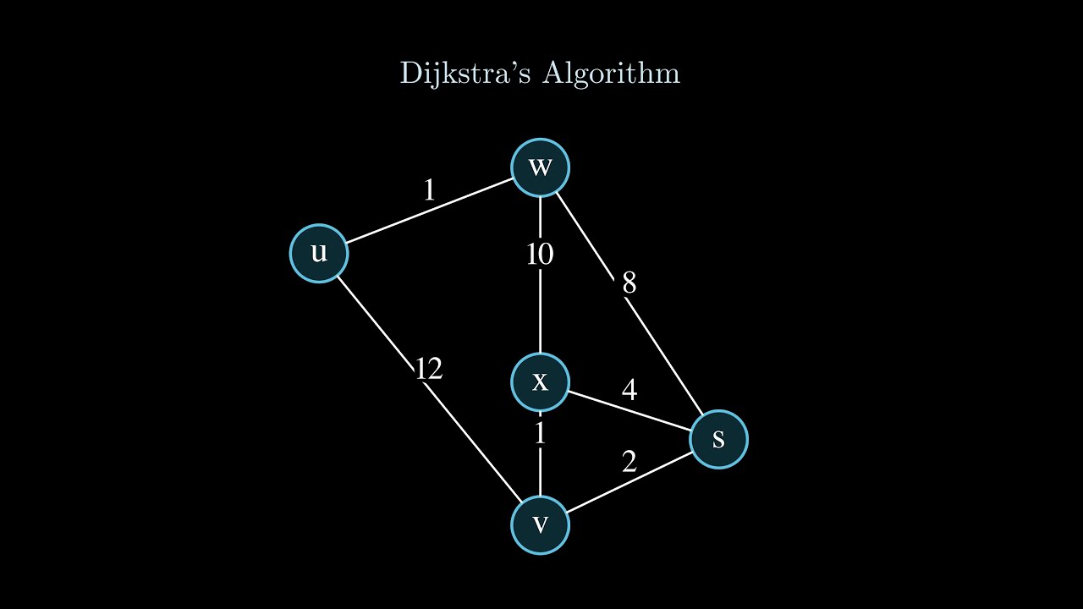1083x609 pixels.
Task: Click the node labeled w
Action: (x=541, y=167)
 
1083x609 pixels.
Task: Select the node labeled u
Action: (x=319, y=252)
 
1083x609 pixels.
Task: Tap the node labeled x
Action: (x=541, y=381)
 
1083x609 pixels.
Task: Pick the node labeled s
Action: (x=718, y=439)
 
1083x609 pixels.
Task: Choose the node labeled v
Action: (x=541, y=525)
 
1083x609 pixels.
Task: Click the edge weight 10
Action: (x=540, y=254)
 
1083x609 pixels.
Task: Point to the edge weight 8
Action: (x=629, y=283)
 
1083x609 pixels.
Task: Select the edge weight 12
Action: (x=428, y=369)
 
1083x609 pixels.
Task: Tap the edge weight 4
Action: (x=629, y=390)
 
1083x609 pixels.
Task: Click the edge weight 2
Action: (x=629, y=462)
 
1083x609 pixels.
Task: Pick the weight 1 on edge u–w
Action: (x=429, y=190)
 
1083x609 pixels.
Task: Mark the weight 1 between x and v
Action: (x=540, y=434)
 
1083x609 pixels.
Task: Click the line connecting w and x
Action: (x=541, y=313)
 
